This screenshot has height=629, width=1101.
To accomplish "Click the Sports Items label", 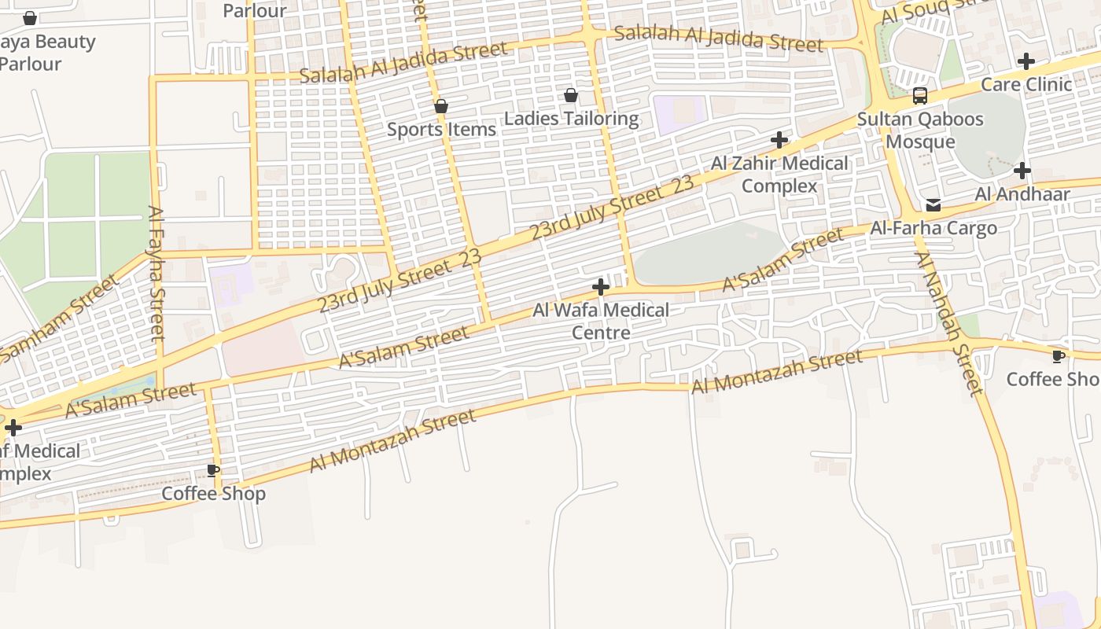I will coord(441,129).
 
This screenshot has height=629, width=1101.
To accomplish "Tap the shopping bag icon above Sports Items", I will coord(441,106).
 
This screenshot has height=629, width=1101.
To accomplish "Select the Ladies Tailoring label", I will coord(571,119).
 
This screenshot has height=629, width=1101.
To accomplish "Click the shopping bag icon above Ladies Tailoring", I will coord(571,95).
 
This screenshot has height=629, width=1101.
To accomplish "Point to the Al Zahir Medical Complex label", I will coord(779,175).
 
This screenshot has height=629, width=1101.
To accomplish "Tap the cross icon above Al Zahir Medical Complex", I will coord(779,140).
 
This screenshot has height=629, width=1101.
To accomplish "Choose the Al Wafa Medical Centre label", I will coord(601,321).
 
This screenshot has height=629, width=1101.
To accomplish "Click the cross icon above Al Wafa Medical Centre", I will coord(601,287).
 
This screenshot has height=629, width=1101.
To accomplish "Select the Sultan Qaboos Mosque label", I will coord(920,131).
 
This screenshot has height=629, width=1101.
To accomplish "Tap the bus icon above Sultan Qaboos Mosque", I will coord(919,96).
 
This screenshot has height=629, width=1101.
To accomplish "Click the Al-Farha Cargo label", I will coord(933,228).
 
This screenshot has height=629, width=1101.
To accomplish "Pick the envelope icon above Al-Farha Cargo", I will coord(933,205).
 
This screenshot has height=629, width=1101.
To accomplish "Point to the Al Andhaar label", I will coord(1022,193).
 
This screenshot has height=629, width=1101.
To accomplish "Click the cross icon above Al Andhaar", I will coord(1022,170).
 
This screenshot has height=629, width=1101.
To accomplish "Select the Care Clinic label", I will coord(1026,84).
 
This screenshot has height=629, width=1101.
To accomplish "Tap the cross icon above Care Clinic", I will coord(1026,61).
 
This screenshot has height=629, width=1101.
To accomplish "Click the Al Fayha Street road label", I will coord(157,273).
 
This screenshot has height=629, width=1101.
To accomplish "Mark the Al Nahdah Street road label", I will coord(948,322).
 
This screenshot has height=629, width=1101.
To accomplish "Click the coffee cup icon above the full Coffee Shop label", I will coord(213,470).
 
